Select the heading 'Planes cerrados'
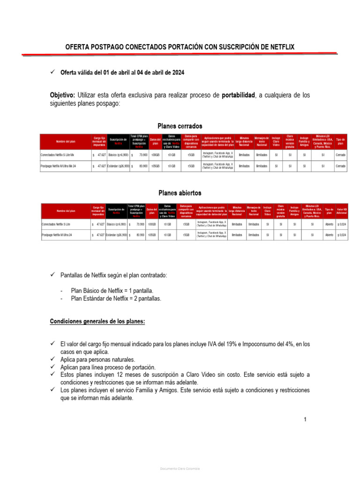(180, 126)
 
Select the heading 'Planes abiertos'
(180, 193)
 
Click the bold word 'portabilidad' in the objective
(238, 95)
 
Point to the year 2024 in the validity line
(177, 73)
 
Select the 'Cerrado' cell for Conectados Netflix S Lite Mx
(341, 154)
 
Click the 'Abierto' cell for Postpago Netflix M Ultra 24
(329, 234)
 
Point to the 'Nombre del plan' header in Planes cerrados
(66, 142)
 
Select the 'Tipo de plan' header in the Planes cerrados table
(341, 142)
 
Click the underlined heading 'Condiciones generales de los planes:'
(97, 321)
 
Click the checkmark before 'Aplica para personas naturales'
(53, 360)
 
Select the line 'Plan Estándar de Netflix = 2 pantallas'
(116, 298)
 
